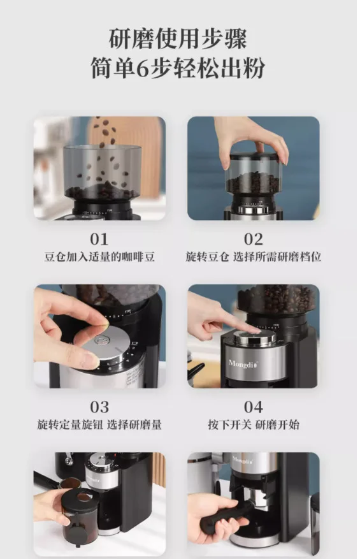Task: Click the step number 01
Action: click(x=99, y=239)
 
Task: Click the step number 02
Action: click(x=253, y=239)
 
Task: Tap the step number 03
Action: click(x=99, y=407)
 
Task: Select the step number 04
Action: click(x=253, y=407)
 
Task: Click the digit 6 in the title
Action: click(x=142, y=68)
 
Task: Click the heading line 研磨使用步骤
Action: click(x=178, y=39)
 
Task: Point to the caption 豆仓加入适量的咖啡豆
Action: click(x=99, y=257)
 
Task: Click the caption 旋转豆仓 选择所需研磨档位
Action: click(x=254, y=257)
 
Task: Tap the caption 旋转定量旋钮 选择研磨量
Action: click(x=99, y=425)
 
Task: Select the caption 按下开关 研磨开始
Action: click(x=254, y=425)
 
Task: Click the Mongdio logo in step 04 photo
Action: click(x=243, y=364)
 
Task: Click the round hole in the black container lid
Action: click(x=83, y=497)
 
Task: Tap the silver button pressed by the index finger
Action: click(x=254, y=338)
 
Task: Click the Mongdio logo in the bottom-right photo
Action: click(x=243, y=460)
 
